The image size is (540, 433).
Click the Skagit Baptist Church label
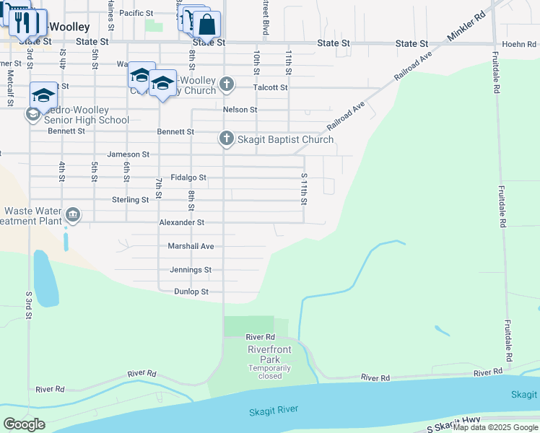click(286, 139)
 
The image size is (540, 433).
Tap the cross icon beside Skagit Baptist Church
click(227, 138)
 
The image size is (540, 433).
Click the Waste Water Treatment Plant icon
click(73, 214)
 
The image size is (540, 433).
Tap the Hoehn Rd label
click(519, 44)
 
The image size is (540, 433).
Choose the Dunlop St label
click(191, 292)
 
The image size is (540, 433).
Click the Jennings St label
click(191, 270)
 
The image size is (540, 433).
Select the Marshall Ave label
click(191, 246)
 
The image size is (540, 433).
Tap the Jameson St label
click(128, 154)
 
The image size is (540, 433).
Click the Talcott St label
click(271, 87)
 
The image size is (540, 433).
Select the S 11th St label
click(305, 188)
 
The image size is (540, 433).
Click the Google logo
click(24, 424)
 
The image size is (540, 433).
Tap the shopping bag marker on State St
click(206, 25)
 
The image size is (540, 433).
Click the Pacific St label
click(136, 13)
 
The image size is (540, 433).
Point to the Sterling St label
click(130, 199)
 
